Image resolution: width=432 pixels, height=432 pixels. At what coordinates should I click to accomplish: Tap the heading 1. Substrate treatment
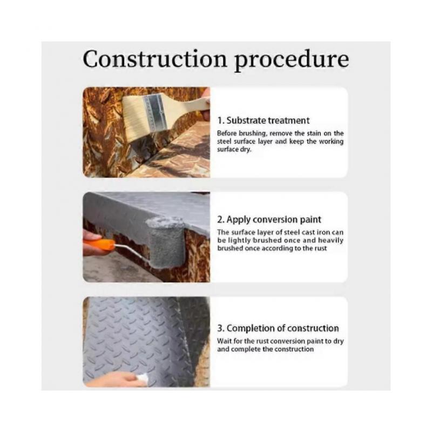(x=264, y=120)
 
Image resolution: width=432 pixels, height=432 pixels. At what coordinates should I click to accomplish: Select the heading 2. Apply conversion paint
(x=269, y=220)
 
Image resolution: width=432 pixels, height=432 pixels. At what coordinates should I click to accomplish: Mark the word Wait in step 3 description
(x=224, y=341)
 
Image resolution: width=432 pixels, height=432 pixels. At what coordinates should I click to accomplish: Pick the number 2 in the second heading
(x=220, y=220)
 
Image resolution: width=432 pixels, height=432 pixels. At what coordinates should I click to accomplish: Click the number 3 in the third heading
(x=220, y=328)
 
